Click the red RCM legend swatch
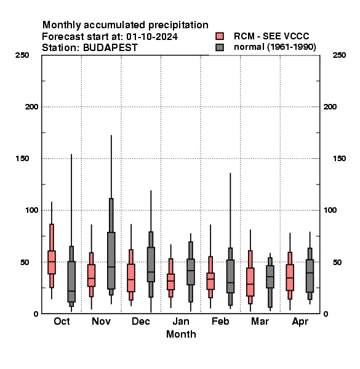click(x=220, y=36)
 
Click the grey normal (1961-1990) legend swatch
click(x=220, y=47)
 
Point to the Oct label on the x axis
click(x=62, y=322)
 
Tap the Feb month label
click(x=220, y=322)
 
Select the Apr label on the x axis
click(x=300, y=322)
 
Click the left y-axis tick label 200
click(x=31, y=107)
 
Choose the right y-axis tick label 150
click(x=339, y=159)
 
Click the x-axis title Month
click(x=181, y=334)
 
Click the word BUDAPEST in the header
click(x=110, y=48)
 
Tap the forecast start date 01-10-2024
click(x=152, y=37)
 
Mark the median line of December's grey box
click(x=151, y=272)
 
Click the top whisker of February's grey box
click(x=230, y=210)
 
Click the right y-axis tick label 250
click(x=339, y=55)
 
